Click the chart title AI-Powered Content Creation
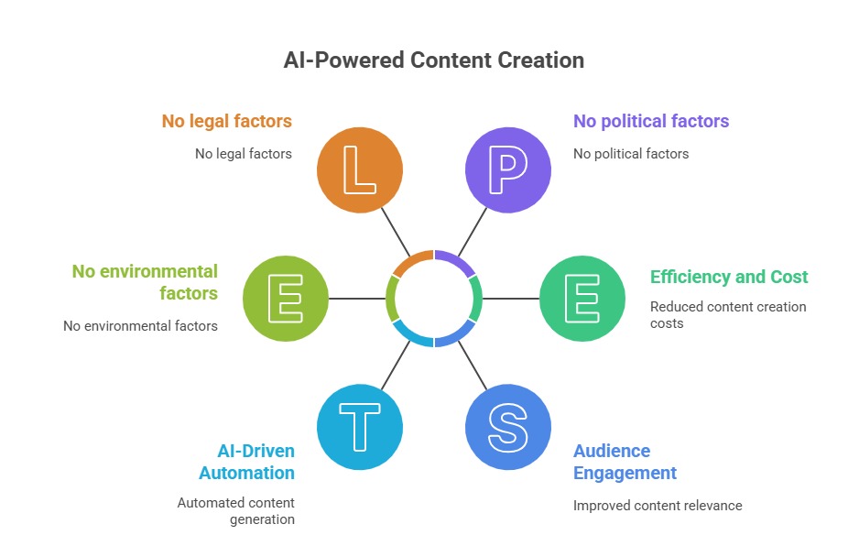click(433, 60)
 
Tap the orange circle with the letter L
click(360, 170)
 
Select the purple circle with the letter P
click(507, 170)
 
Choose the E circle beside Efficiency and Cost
click(582, 299)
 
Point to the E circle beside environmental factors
click(286, 299)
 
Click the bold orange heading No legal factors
click(226, 121)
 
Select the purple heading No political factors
click(650, 121)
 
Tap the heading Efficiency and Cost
click(729, 277)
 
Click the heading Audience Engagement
click(625, 462)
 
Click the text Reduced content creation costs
click(727, 314)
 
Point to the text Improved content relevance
click(657, 506)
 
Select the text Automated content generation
click(235, 511)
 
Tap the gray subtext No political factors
click(630, 154)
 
